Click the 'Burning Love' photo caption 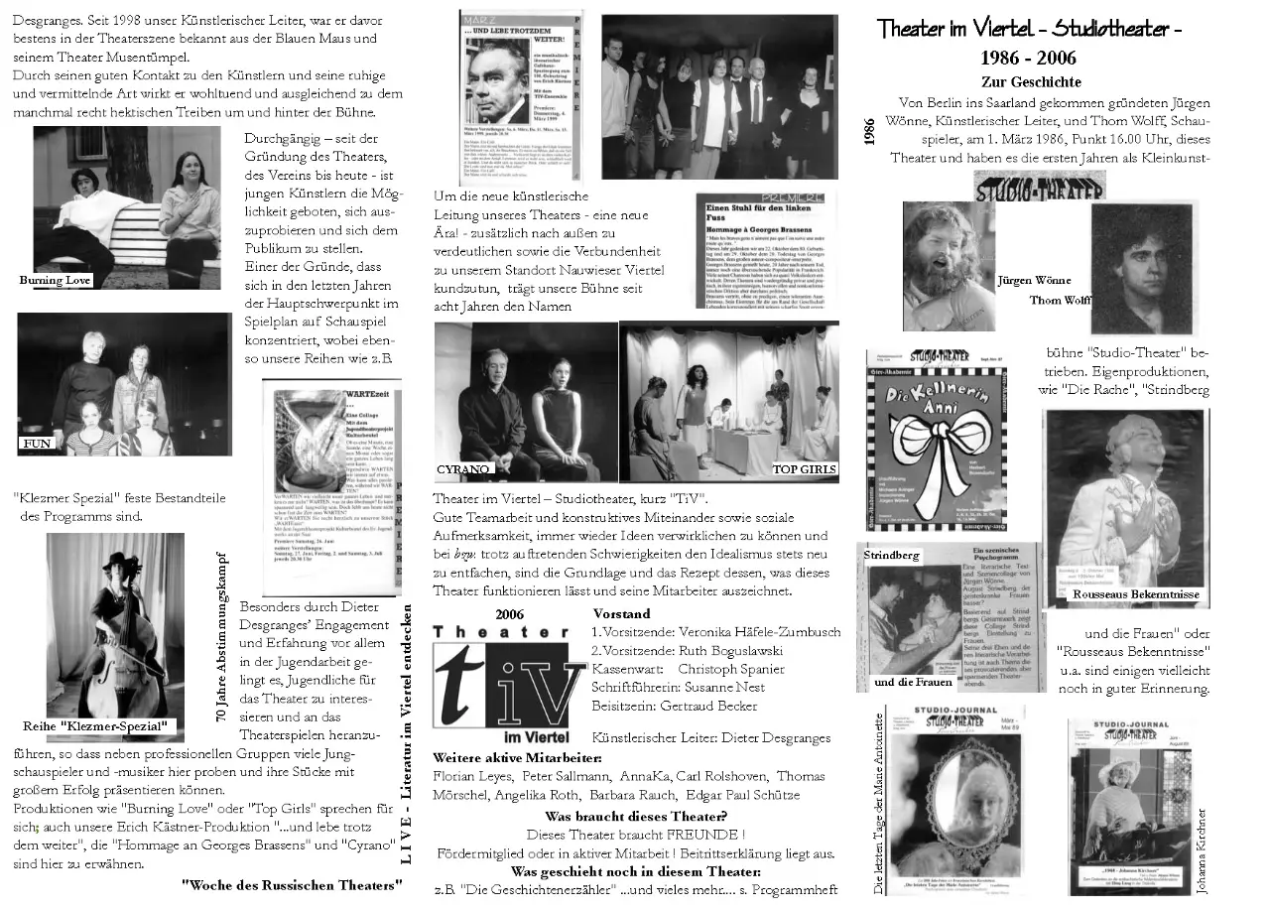[56, 280]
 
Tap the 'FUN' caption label [37, 444]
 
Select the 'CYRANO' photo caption [463, 468]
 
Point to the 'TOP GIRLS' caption [805, 468]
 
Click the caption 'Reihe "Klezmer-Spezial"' [95, 726]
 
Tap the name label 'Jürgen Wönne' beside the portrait [1034, 280]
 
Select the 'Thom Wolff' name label [1060, 300]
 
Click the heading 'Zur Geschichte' [1031, 81]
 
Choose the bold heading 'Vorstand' [621, 613]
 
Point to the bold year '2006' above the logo [509, 613]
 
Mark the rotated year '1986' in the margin [870, 131]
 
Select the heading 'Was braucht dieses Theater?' [636, 816]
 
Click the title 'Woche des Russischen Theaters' [292, 883]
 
